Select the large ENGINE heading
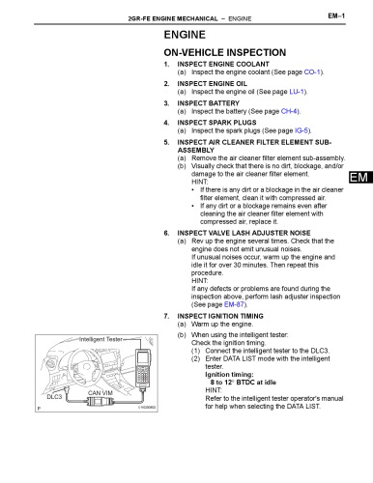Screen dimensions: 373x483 (189, 35)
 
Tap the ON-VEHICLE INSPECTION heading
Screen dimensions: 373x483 (228, 55)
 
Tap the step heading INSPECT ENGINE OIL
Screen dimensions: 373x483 (217, 83)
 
